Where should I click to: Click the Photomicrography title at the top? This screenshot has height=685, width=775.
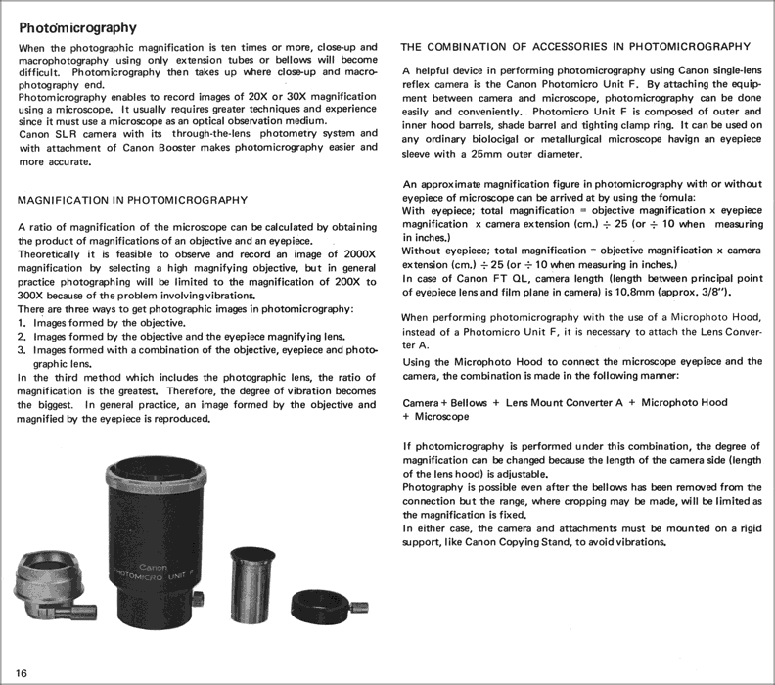(x=78, y=28)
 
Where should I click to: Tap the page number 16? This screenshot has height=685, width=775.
(x=22, y=670)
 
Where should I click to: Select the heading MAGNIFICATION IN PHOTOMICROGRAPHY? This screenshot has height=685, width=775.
(x=132, y=200)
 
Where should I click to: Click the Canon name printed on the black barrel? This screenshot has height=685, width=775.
(x=154, y=567)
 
